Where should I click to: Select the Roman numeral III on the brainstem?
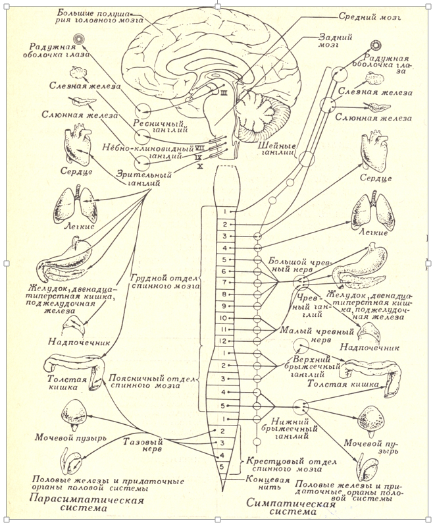224,94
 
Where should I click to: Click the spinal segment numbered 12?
224,341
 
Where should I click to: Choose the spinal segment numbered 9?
224,306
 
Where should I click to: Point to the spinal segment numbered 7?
224,283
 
